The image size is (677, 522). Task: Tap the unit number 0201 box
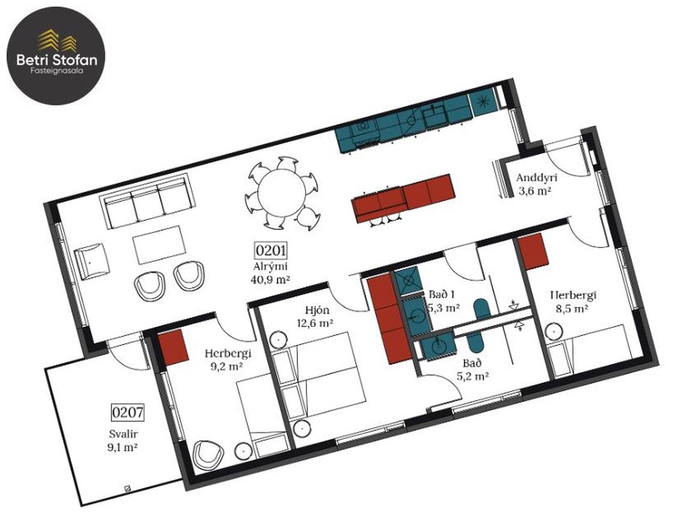(271, 250)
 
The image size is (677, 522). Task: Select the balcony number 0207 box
(128, 412)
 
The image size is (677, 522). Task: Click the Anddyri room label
(537, 177)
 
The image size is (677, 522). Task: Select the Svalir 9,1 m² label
(123, 440)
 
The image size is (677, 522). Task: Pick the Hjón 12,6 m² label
(315, 316)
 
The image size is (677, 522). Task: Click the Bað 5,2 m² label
(472, 370)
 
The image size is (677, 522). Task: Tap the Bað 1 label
(442, 294)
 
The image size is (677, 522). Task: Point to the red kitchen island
(403, 198)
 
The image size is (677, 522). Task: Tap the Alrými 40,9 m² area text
(270, 273)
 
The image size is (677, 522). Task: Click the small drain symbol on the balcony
(127, 488)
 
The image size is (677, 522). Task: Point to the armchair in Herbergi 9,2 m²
(209, 455)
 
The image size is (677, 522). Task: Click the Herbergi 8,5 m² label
(573, 302)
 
